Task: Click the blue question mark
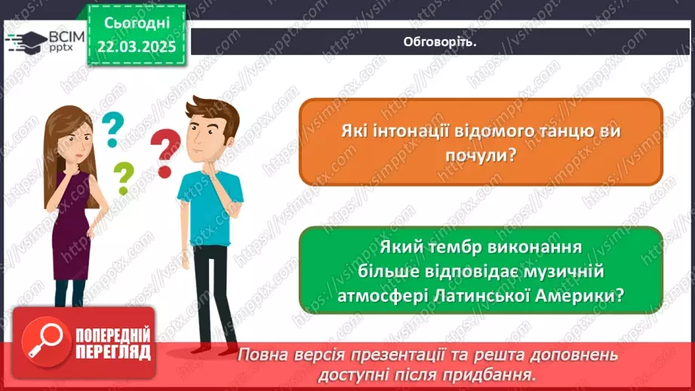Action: (112, 128)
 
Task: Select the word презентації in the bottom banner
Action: (401, 354)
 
